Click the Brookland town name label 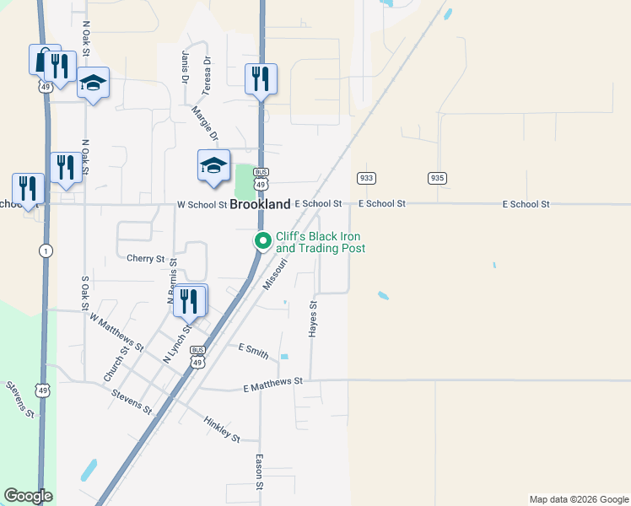point(261,204)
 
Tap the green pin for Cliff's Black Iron point(262,241)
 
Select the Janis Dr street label point(185,67)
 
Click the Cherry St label point(145,259)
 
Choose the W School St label point(202,204)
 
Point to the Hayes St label point(312,320)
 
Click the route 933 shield point(366,178)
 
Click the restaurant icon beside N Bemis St point(189,301)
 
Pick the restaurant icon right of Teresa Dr point(261,79)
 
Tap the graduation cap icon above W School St point(213,165)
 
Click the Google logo point(28,496)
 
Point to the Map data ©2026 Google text point(578,499)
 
